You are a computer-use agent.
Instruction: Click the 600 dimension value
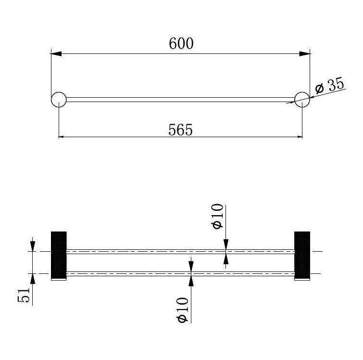coord(181,43)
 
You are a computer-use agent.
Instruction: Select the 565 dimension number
coord(180,129)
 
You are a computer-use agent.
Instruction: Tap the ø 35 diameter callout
coord(330,85)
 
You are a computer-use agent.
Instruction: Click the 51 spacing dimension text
coord(24,295)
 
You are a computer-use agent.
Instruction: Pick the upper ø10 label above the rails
coord(217,216)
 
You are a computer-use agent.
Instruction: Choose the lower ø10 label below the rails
coord(182,310)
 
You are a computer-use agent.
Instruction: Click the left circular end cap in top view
coord(59,100)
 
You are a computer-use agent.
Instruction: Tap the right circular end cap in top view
coord(302,100)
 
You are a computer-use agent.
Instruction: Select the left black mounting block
coord(59,255)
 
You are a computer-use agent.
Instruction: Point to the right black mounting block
coord(302,255)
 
